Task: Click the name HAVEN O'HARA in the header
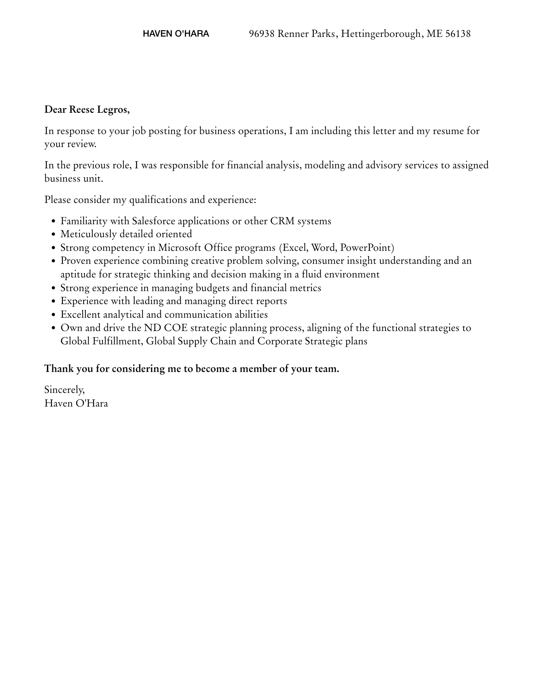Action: [x=176, y=34]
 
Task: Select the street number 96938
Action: [x=262, y=34]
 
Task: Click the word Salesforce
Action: [x=154, y=221]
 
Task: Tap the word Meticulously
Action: [x=89, y=234]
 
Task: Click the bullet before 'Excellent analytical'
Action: [x=53, y=315]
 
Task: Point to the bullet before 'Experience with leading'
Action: [x=53, y=301]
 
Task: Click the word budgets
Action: [x=212, y=288]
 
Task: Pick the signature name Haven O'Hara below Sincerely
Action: [x=76, y=404]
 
